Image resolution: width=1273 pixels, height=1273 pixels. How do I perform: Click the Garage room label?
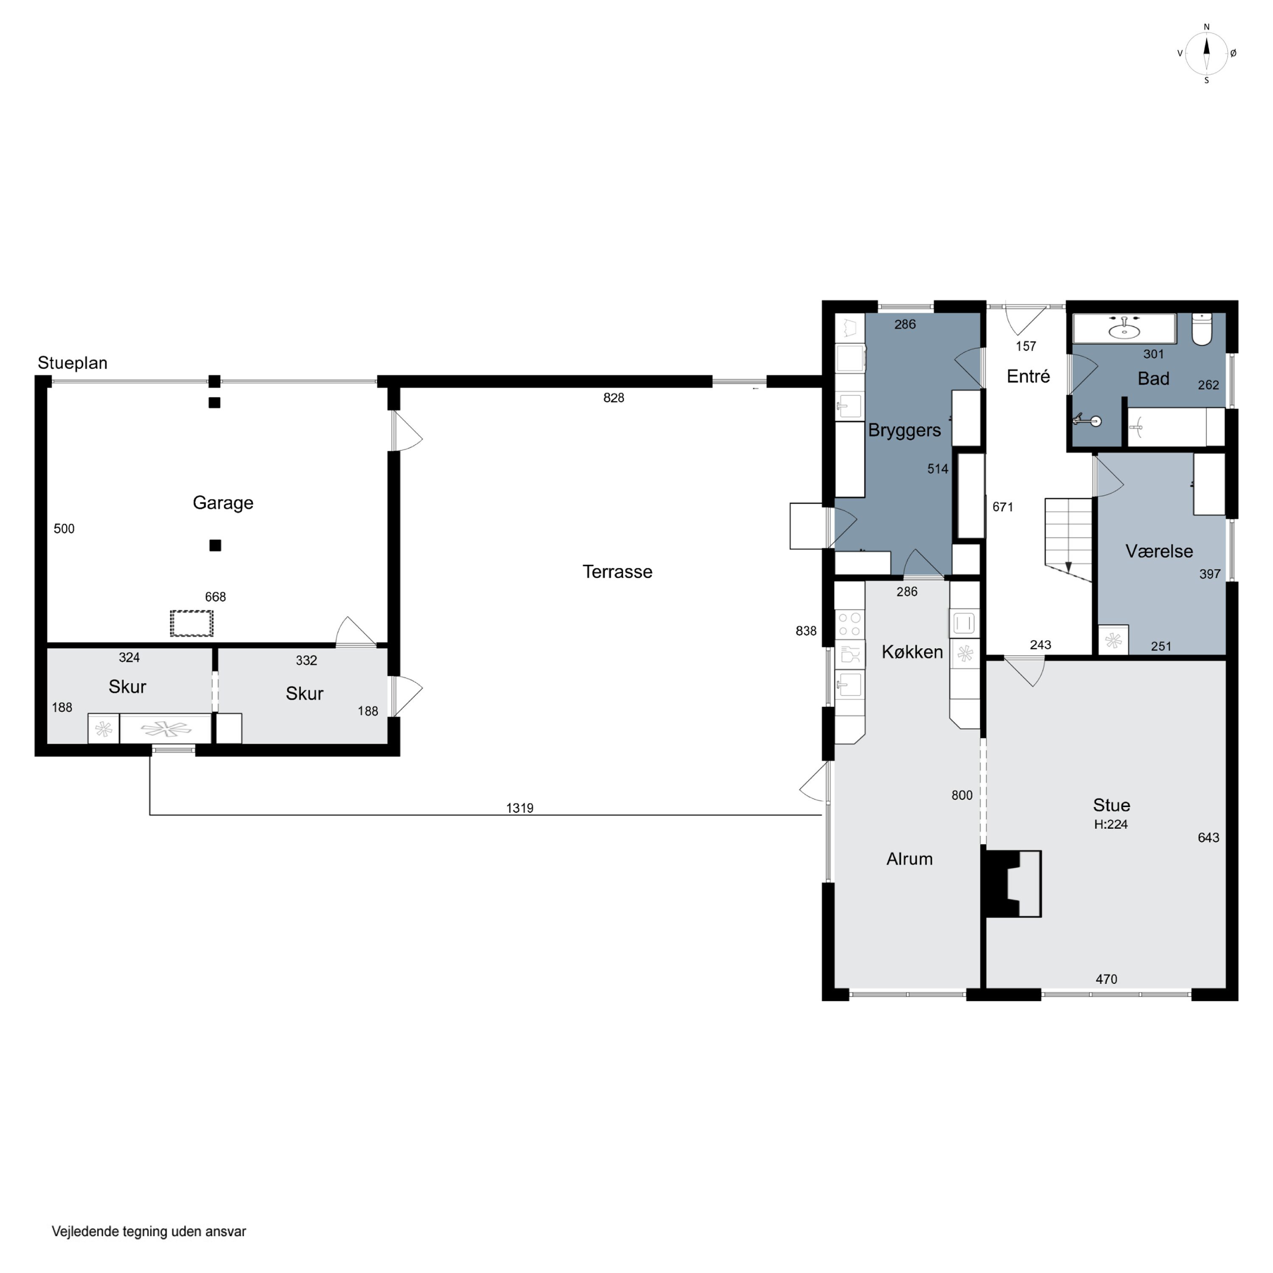[223, 503]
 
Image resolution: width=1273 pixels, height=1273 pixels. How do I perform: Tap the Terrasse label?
[617, 572]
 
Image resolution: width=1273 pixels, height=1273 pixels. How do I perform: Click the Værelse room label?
[1159, 551]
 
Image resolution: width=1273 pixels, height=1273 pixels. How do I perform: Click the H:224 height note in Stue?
[1111, 824]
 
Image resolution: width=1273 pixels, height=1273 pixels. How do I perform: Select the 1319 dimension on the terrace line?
[519, 808]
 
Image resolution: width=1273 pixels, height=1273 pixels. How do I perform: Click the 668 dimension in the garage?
[216, 597]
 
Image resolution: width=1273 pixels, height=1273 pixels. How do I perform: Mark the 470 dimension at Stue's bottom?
[1106, 979]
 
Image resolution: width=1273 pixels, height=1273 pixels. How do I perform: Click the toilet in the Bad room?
[1202, 329]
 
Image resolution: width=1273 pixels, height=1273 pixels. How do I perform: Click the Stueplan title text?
[73, 363]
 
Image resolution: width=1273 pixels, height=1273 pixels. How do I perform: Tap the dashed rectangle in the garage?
[192, 623]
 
